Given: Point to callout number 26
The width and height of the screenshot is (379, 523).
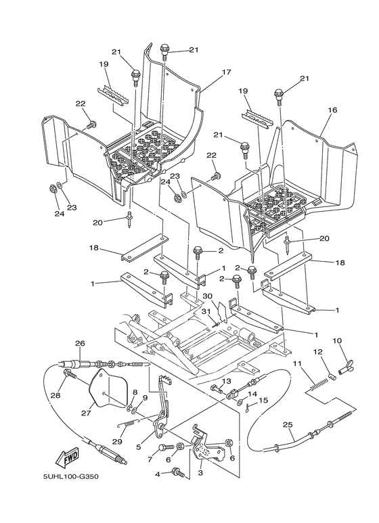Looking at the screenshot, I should (79, 343).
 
